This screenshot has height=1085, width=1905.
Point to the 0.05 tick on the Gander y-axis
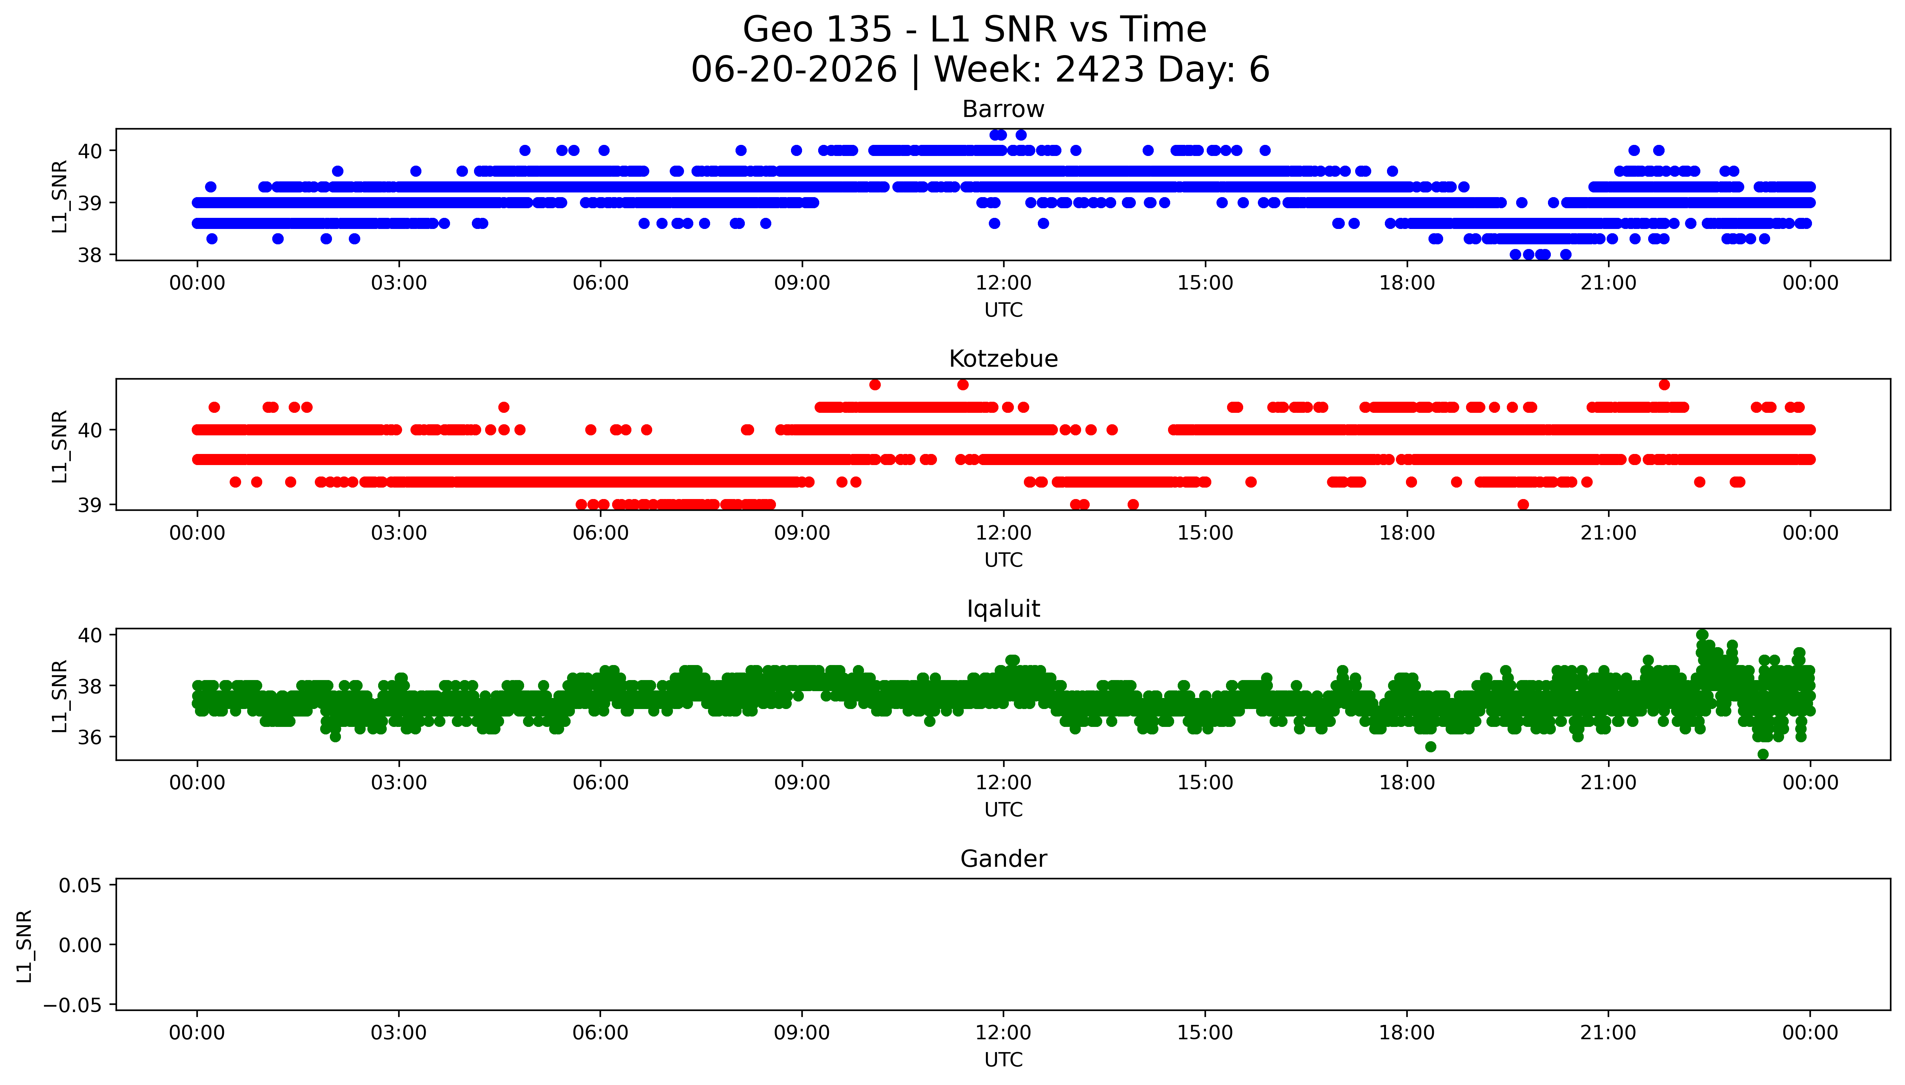pyautogui.click(x=80, y=885)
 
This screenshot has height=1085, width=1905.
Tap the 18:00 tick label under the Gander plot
pyautogui.click(x=1407, y=1033)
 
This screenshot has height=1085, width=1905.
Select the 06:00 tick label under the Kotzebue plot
pyautogui.click(x=601, y=533)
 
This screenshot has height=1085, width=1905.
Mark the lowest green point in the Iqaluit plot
pyautogui.click(x=1763, y=754)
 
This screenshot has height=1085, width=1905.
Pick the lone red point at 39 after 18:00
pyautogui.click(x=1523, y=504)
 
